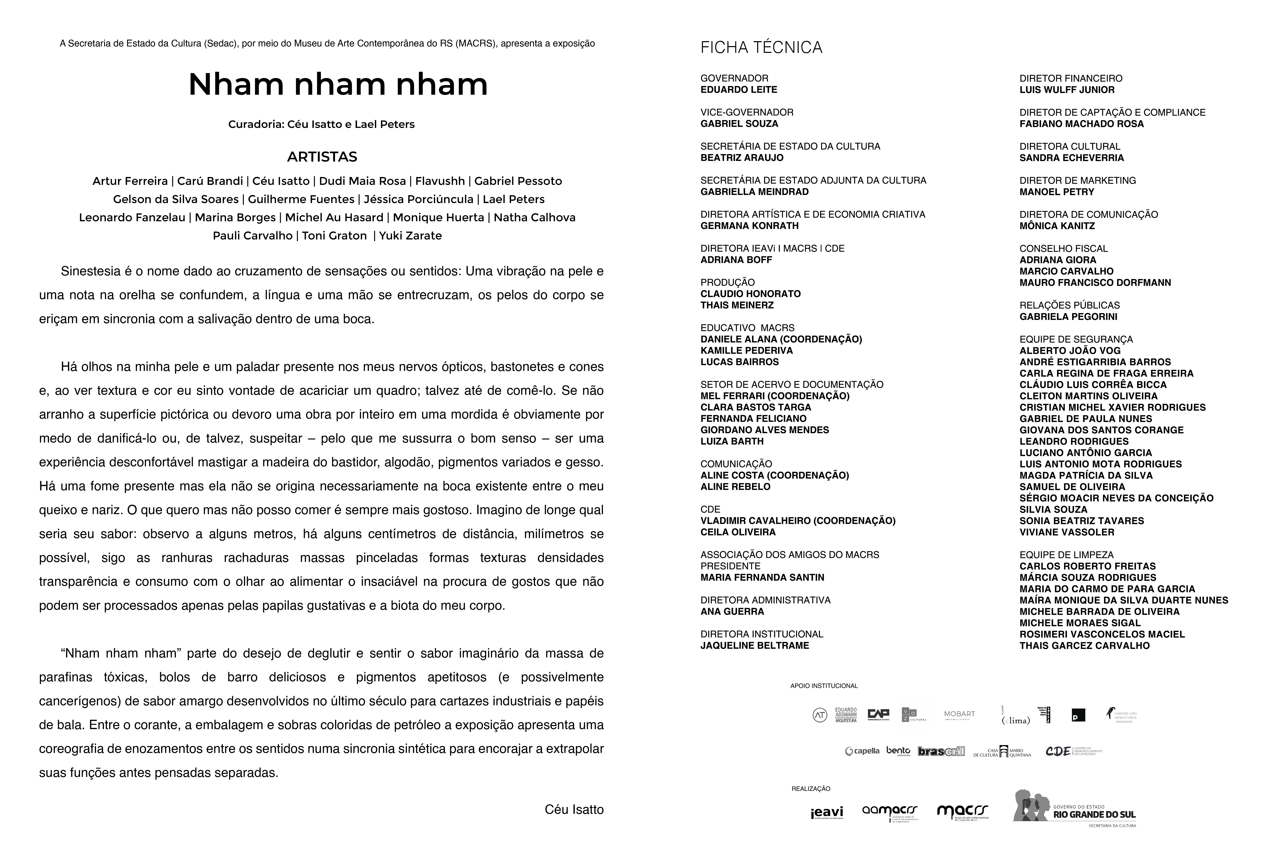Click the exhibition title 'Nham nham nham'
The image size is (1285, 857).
pyautogui.click(x=338, y=85)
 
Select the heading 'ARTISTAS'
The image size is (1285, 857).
pyautogui.click(x=322, y=157)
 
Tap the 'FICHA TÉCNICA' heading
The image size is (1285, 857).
pyautogui.click(x=761, y=48)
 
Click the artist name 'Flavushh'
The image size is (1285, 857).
pyautogui.click(x=440, y=181)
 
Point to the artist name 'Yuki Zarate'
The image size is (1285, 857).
pyautogui.click(x=410, y=236)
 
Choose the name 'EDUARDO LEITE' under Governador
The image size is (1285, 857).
pyautogui.click(x=739, y=90)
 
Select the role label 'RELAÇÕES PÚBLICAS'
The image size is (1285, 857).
pyautogui.click(x=1069, y=305)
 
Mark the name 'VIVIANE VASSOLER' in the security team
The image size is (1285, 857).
pyautogui.click(x=1066, y=532)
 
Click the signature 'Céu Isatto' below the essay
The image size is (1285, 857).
pyautogui.click(x=574, y=809)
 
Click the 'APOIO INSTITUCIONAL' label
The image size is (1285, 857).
pyautogui.click(x=824, y=686)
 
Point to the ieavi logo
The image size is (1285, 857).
pyautogui.click(x=827, y=813)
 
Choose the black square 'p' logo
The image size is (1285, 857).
pyautogui.click(x=1078, y=715)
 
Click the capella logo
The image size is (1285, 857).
pyautogui.click(x=862, y=751)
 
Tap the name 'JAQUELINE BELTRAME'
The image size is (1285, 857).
pyautogui.click(x=754, y=645)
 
